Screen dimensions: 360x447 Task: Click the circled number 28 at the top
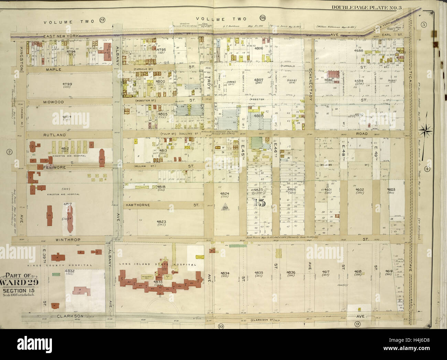click(x=263, y=19)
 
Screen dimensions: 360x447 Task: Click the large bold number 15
click(x=260, y=202)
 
